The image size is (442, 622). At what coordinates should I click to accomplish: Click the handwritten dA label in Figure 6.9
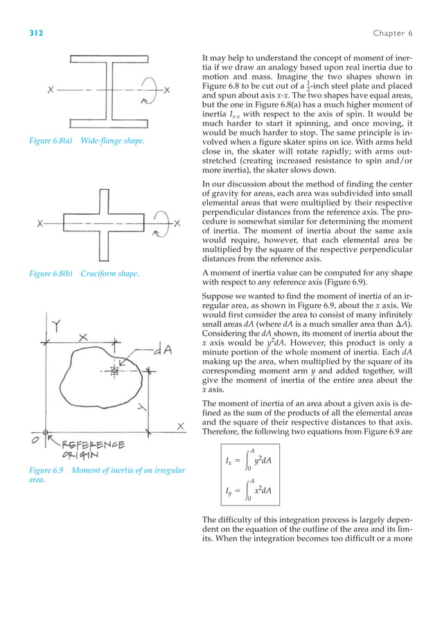point(161,351)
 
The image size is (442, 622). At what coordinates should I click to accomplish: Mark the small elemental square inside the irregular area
point(115,372)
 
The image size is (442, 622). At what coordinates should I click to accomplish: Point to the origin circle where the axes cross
point(45,438)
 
